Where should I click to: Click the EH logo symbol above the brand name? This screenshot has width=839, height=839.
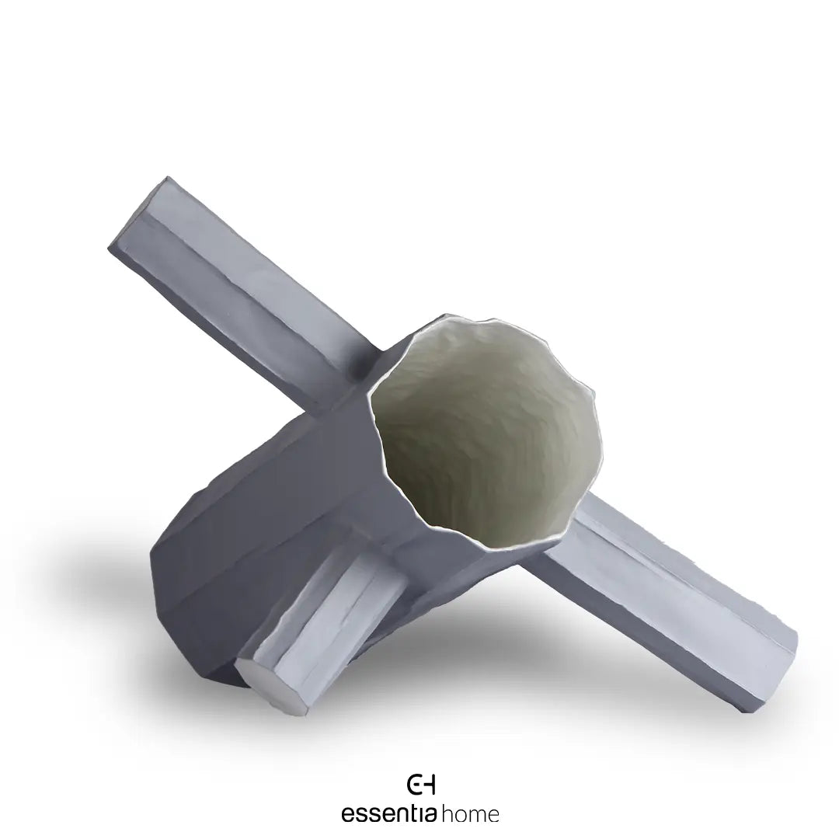pos(421,784)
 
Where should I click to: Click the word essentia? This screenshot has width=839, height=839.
pos(390,813)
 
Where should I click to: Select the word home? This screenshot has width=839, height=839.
pos(470,814)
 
